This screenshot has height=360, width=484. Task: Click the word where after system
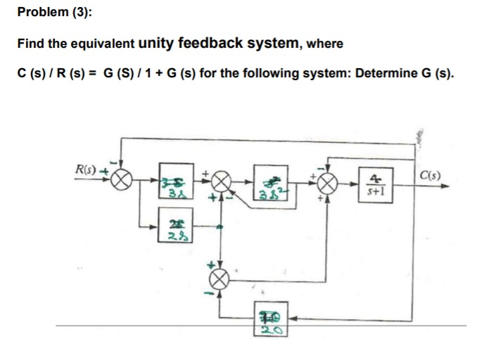pos(324,44)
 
